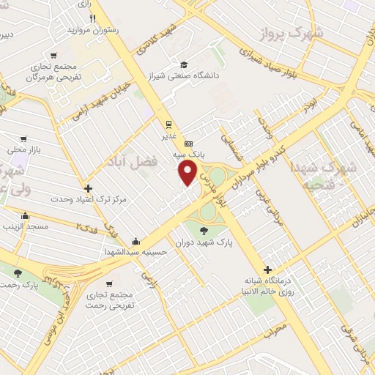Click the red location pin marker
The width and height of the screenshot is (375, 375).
point(188,172)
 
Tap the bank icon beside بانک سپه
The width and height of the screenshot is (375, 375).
point(188,143)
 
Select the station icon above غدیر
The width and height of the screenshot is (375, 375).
point(168,123)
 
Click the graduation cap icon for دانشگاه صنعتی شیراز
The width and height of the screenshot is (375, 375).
point(183,64)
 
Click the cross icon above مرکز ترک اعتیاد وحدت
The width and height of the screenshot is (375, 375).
point(88,188)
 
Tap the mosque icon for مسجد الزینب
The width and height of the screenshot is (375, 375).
point(26,216)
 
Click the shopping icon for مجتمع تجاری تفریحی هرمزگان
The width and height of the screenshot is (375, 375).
point(53,56)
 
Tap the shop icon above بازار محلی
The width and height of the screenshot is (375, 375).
point(24,138)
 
